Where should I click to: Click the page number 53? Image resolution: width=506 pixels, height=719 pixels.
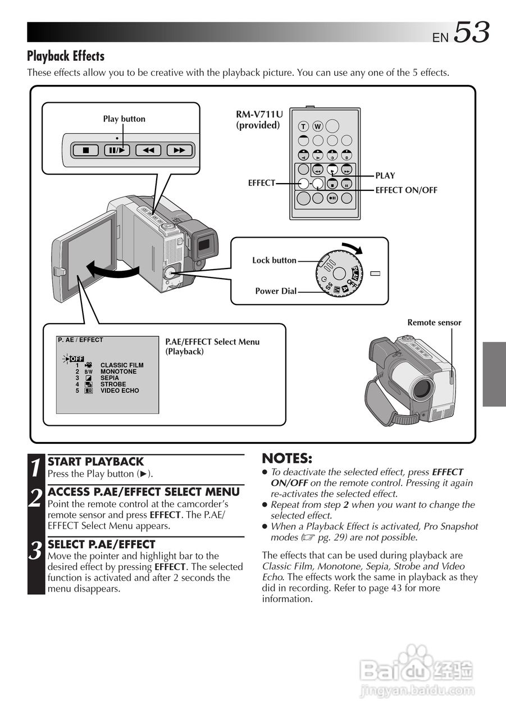pos(471,33)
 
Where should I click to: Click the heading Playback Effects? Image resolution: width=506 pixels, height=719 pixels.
pos(66,56)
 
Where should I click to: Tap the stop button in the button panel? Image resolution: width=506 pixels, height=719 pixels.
pos(86,150)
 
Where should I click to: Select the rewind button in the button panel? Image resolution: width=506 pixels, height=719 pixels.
pos(148,150)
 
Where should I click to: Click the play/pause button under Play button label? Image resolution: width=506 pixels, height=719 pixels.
pos(117,150)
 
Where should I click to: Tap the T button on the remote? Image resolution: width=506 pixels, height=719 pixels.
pos(303,126)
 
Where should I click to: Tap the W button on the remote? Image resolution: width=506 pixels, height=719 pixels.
pos(317,126)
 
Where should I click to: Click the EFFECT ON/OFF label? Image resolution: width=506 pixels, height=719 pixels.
pos(406,190)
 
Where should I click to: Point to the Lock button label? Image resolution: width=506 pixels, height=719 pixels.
pos(274,260)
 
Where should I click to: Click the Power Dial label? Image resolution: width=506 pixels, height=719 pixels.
pos(276,291)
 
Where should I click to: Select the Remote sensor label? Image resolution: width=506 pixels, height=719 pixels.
pos(434,322)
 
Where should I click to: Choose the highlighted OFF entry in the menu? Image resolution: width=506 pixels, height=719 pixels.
pos(77,359)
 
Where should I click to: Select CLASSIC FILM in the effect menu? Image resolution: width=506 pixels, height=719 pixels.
pos(122,365)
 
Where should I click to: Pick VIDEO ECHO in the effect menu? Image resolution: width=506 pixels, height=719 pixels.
pos(120,390)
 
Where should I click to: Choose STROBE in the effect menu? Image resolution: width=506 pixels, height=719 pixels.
pos(113,384)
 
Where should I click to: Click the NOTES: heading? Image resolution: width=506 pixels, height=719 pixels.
pos(287,458)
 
